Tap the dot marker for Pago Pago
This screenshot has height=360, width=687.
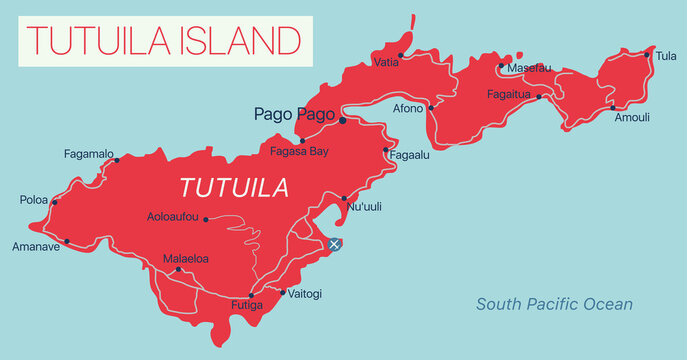pyautogui.click(x=343, y=120)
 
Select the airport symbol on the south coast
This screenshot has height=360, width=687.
pyautogui.click(x=336, y=244)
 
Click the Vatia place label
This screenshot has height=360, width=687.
pyautogui.click(x=385, y=62)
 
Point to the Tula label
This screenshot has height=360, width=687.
pyautogui.click(x=665, y=56)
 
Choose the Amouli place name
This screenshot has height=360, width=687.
pyautogui.click(x=632, y=117)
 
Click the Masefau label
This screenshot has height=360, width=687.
pyautogui.click(x=529, y=67)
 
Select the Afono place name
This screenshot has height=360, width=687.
pyautogui.click(x=409, y=108)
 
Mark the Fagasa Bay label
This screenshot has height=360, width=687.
pyautogui.click(x=300, y=151)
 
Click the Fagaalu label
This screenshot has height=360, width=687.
pyautogui.click(x=410, y=156)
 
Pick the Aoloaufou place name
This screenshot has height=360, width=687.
pyautogui.click(x=172, y=217)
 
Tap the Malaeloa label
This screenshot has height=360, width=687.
pyautogui.click(x=186, y=258)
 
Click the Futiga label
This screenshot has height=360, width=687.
pyautogui.click(x=245, y=304)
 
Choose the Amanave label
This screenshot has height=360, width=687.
pyautogui.click(x=36, y=246)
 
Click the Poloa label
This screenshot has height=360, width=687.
pyautogui.click(x=33, y=200)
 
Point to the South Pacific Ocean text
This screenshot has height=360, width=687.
pyautogui.click(x=554, y=304)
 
